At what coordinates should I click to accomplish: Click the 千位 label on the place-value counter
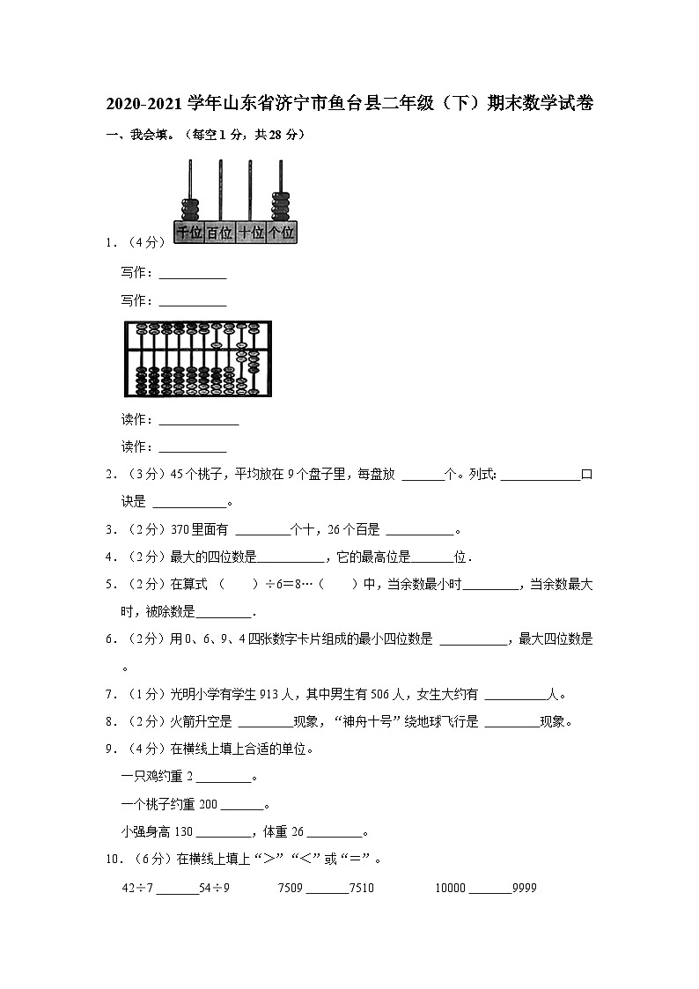coord(190,232)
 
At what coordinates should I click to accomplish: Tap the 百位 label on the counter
coord(220,232)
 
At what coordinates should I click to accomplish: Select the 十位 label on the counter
coord(251,232)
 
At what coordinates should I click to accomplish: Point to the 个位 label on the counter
coord(281,232)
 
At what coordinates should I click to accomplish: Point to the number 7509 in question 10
coord(291,888)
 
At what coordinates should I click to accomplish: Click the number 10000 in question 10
coord(450,888)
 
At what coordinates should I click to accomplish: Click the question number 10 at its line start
coord(112,860)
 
